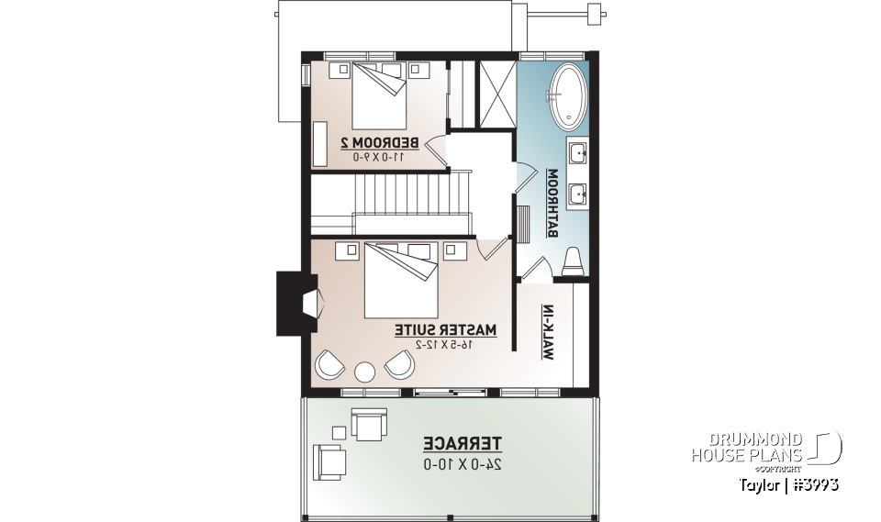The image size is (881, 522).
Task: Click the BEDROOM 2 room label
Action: click(x=380, y=142)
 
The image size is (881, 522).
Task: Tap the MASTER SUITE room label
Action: click(x=446, y=328)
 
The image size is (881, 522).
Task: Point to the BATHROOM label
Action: click(x=553, y=203)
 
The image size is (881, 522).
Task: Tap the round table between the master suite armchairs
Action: click(x=365, y=372)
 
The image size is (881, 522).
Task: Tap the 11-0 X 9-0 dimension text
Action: click(x=379, y=157)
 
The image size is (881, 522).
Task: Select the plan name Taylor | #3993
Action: click(x=786, y=484)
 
